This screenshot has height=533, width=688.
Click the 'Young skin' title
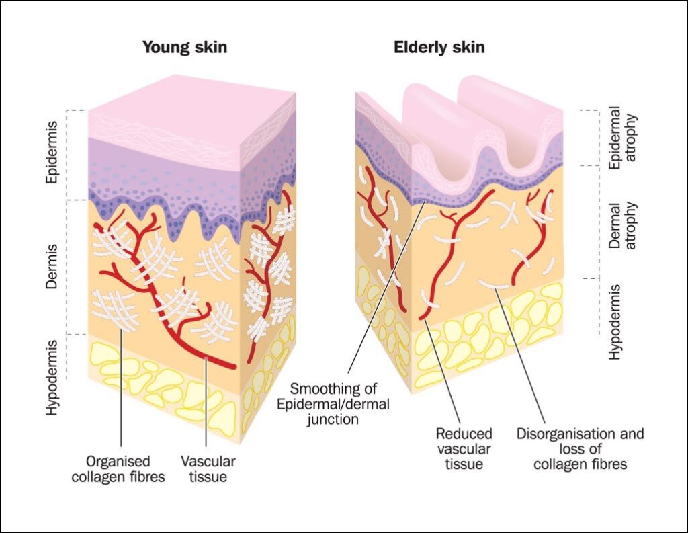185,48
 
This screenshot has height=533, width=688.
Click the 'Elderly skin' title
439,48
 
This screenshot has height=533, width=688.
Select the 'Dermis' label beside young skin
52,267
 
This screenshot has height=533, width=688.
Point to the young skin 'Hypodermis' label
52,377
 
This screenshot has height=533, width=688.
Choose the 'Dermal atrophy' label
622,225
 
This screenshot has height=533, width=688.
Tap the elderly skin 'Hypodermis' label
615,321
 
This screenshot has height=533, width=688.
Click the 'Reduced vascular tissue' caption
464,448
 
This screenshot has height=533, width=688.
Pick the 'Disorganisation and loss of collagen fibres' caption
579,448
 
